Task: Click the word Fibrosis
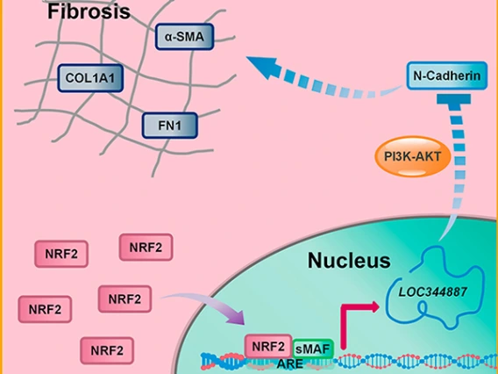[89, 11]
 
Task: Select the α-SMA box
[184, 37]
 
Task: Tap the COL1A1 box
[90, 78]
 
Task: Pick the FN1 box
[170, 126]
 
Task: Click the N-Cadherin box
[447, 76]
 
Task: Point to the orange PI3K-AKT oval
[413, 156]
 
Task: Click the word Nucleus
[349, 261]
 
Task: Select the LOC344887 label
[433, 291]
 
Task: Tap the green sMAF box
[313, 349]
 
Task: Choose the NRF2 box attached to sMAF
[268, 346]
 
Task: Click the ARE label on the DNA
[290, 363]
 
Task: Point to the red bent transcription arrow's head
[375, 307]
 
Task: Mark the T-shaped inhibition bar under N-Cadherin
[453, 99]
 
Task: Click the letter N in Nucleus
[315, 261]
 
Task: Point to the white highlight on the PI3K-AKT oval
[412, 172]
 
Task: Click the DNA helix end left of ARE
[205, 361]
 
